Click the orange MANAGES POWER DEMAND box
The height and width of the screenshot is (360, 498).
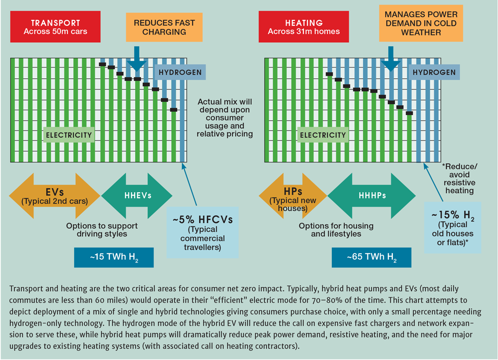click(421, 23)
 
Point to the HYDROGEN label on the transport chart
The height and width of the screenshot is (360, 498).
click(180, 72)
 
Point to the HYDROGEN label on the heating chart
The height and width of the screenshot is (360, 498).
click(434, 72)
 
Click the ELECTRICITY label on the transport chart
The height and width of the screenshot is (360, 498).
click(69, 135)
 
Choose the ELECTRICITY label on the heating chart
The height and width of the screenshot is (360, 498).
click(323, 135)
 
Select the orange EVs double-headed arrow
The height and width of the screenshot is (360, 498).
click(54, 195)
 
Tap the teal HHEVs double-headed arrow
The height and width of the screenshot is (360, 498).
click(137, 195)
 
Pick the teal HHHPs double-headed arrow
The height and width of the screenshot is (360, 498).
click(371, 195)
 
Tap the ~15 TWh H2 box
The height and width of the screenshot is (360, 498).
click(113, 258)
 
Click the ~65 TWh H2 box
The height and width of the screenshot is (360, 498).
click(371, 258)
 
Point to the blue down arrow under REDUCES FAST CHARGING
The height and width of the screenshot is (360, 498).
click(137, 60)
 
